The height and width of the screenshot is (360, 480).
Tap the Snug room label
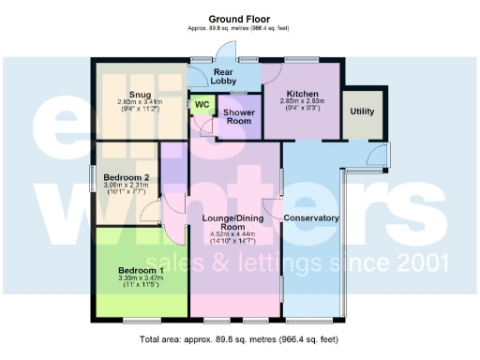click(140, 94)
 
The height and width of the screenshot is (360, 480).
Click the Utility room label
click(361, 111)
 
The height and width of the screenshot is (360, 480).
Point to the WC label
click(201, 105)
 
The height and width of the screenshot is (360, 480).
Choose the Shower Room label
click(237, 116)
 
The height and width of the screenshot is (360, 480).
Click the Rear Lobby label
click(224, 76)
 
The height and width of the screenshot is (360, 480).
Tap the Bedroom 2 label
click(127, 177)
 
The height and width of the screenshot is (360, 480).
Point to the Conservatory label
click(310, 218)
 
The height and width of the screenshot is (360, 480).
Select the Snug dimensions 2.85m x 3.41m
click(140, 105)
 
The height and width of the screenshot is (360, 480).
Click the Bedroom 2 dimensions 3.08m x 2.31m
click(127, 188)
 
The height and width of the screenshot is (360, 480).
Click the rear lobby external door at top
click(222, 54)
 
